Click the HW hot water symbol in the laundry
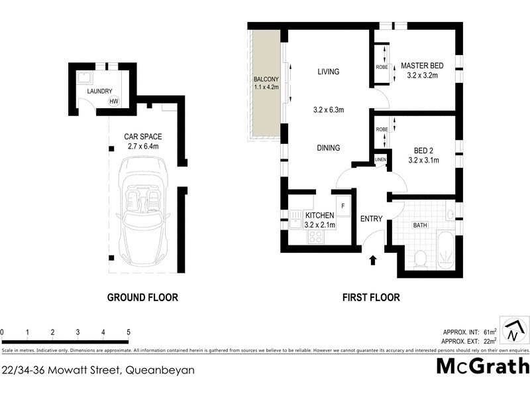[x=114, y=101]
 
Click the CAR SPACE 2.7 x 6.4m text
[x=142, y=141]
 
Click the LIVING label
[x=328, y=72]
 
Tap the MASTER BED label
[x=422, y=66]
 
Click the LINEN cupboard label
[x=380, y=160]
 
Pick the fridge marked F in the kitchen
[x=343, y=206]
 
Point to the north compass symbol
[x=514, y=330]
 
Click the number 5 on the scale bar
[x=128, y=332]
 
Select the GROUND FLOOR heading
[x=142, y=298]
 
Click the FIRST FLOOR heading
[x=371, y=298]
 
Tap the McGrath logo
[x=482, y=366]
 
